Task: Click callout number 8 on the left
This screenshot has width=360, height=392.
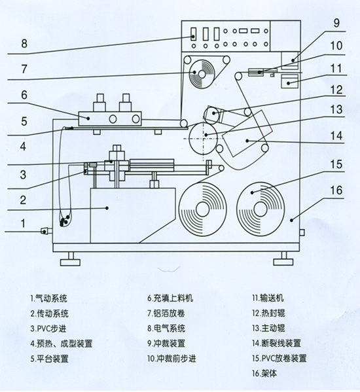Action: pyautogui.click(x=24, y=45)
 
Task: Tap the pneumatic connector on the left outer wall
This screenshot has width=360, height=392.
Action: pyautogui.click(x=45, y=231)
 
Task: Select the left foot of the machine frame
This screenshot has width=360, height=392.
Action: pyautogui.click(x=69, y=262)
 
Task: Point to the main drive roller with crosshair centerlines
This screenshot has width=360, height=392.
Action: pyautogui.click(x=205, y=134)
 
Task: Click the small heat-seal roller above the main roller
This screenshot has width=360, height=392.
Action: pyautogui.click(x=213, y=113)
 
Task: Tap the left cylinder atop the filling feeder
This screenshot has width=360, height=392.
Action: pyautogui.click(x=100, y=103)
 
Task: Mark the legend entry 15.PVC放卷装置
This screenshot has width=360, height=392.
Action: pyautogui.click(x=279, y=358)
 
